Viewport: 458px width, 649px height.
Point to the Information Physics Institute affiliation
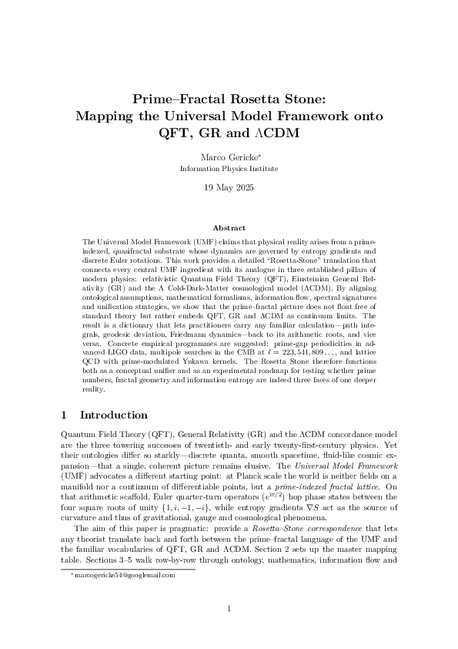click(x=229, y=168)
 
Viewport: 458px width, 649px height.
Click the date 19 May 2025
click(x=229, y=188)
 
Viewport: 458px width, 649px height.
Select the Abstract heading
click(x=229, y=228)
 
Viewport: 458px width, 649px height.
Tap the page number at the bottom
click(x=229, y=609)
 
